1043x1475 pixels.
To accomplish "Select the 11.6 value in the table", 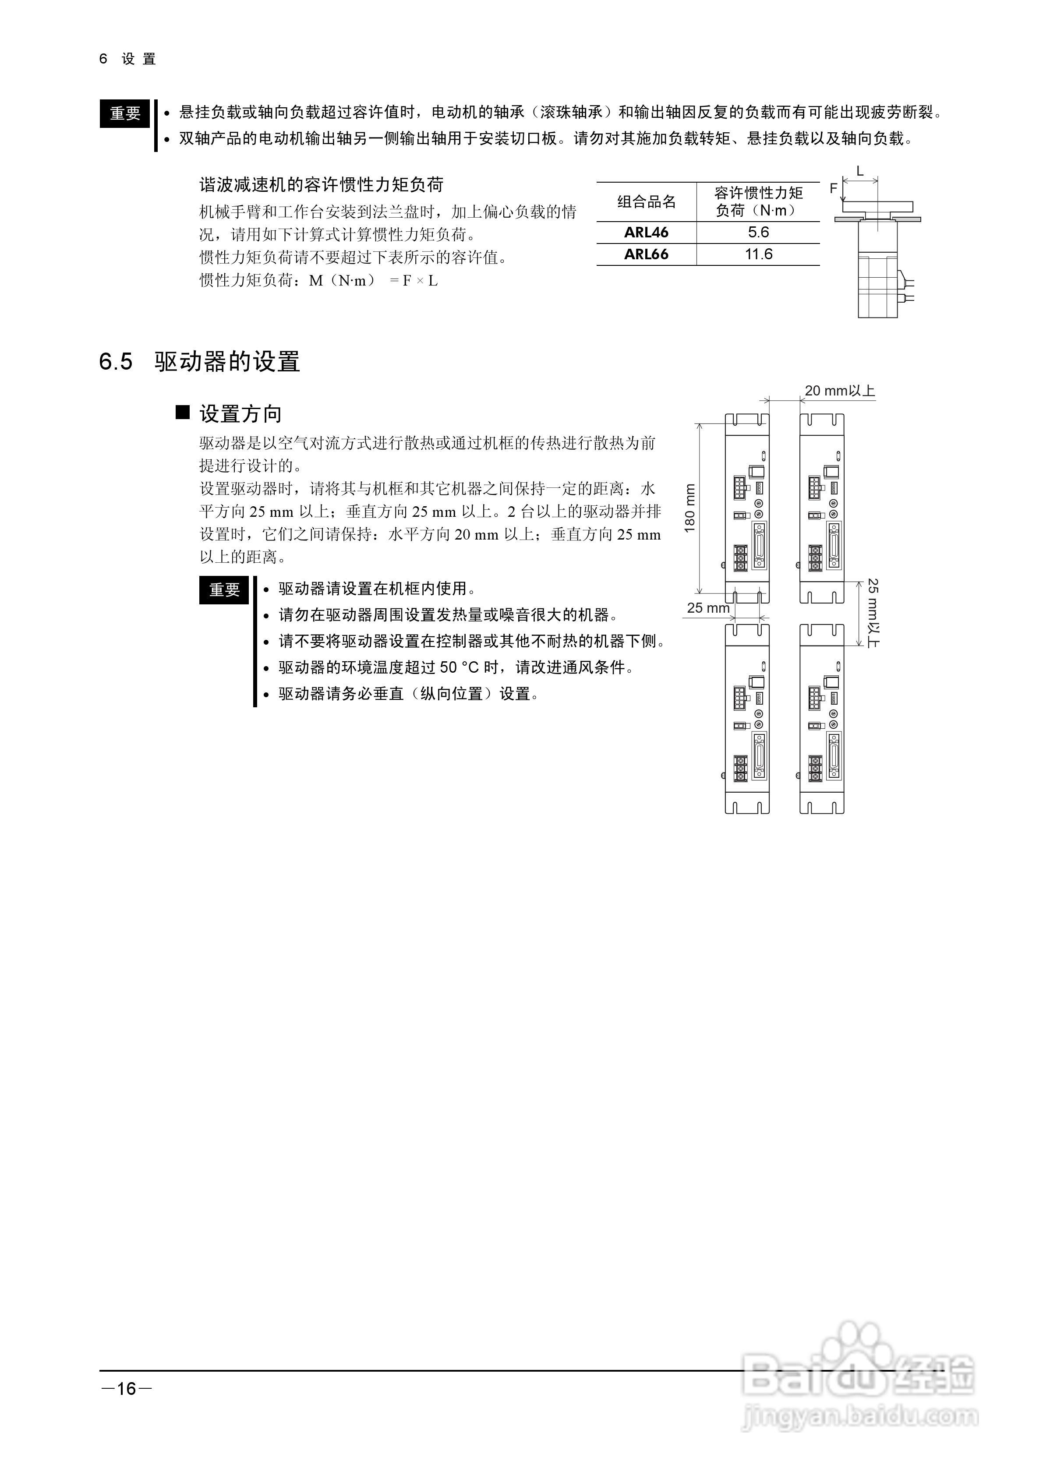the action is pyautogui.click(x=758, y=254).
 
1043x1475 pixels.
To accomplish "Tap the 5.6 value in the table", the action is pyautogui.click(x=758, y=233).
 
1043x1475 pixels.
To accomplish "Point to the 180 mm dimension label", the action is pyautogui.click(x=690, y=508).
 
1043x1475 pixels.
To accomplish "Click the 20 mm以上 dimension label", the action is pyautogui.click(x=839, y=391).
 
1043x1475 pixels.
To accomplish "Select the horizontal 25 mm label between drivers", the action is pyautogui.click(x=707, y=608).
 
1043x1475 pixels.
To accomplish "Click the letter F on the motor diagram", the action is pyautogui.click(x=834, y=189).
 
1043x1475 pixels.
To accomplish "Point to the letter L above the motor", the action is pyautogui.click(x=860, y=172).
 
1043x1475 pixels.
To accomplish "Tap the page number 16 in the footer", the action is pyautogui.click(x=127, y=1389).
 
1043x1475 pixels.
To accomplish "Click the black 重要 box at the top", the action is pyautogui.click(x=125, y=114).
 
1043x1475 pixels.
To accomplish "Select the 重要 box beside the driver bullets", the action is pyautogui.click(x=224, y=590).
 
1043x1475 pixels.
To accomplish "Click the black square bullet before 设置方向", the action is pyautogui.click(x=183, y=413).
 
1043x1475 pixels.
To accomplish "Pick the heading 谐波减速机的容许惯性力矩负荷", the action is pyautogui.click(x=322, y=185).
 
